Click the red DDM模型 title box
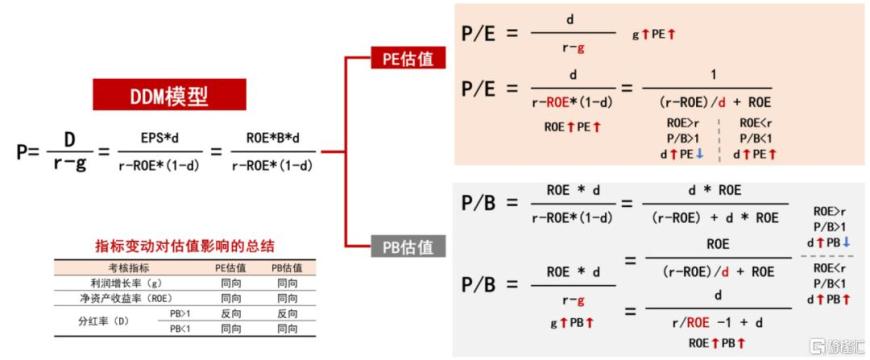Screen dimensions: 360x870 tap(170, 95)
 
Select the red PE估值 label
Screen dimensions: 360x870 tap(408, 59)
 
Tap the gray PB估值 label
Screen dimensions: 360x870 tap(408, 246)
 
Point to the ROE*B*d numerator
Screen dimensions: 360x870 tap(273, 137)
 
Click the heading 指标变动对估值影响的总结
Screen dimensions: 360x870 tap(185, 246)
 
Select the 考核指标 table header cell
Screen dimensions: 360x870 tap(129, 268)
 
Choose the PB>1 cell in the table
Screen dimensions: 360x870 tap(181, 313)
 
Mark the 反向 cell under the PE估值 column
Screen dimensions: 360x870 tap(230, 313)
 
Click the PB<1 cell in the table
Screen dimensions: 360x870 tap(181, 328)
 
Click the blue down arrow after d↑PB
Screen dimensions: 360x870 tap(846, 242)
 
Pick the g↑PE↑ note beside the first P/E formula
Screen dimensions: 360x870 tap(654, 34)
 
